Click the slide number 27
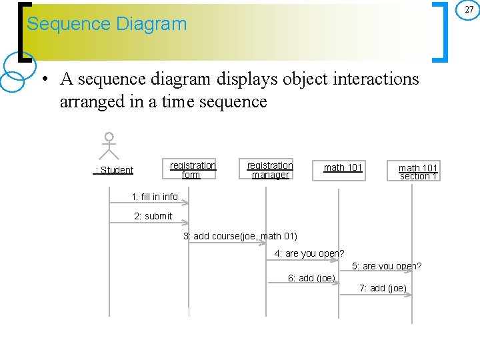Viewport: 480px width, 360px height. coord(469,9)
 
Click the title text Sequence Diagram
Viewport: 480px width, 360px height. coord(107,24)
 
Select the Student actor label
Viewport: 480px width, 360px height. coord(114,170)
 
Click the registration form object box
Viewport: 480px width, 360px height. coord(193,170)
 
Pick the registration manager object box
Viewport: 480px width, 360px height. coord(270,170)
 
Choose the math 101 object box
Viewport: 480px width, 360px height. coord(343,168)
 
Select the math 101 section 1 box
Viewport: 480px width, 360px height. coord(418,172)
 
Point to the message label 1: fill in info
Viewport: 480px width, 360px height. coord(155,197)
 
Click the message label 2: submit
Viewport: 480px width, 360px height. coord(153,216)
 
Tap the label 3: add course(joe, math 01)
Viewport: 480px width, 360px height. coord(240,236)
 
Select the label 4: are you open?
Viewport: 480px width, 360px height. coord(309,253)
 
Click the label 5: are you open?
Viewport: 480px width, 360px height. coord(387,266)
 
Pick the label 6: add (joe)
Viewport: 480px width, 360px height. coord(311,278)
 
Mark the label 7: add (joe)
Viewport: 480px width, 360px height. coord(383,288)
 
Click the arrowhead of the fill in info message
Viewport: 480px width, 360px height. coord(185,203)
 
